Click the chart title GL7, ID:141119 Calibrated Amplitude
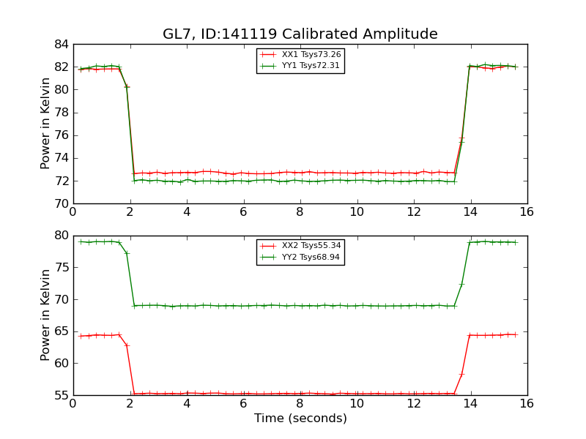[x=300, y=34]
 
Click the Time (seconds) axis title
[x=300, y=419]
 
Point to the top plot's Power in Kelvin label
[x=45, y=124]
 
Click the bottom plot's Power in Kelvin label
[x=45, y=315]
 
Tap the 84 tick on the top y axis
[x=61, y=45]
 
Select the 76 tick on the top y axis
[x=61, y=135]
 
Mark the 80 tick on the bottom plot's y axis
[x=61, y=236]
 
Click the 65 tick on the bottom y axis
[x=61, y=331]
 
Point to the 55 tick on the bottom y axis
[x=61, y=395]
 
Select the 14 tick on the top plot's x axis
[x=470, y=212]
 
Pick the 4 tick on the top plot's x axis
[x=186, y=212]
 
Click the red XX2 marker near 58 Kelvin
[x=461, y=374]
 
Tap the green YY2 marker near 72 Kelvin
[x=461, y=284]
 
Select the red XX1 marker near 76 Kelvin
[x=461, y=138]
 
